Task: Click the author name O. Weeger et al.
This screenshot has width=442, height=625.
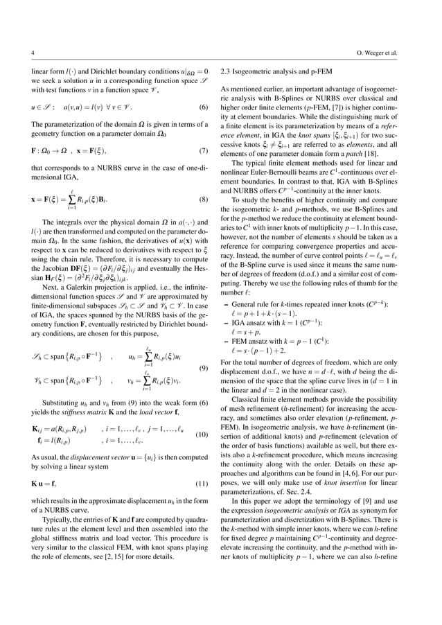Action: (387, 52)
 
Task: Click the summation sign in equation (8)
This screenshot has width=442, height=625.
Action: (73, 200)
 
